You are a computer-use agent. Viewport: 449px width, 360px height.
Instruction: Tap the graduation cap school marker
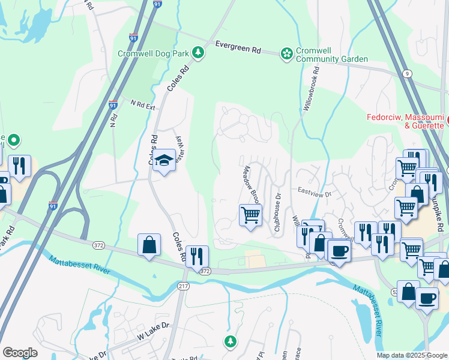163,161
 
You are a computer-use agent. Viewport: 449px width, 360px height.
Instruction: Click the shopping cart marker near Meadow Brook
250,215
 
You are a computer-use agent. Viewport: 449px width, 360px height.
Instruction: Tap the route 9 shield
408,73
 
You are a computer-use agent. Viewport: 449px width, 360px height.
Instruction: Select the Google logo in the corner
20,352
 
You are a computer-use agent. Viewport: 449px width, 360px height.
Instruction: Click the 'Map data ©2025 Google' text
411,355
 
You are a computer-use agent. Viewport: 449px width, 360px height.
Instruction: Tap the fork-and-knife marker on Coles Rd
197,257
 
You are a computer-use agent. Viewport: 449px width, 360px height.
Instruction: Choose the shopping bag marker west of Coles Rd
149,244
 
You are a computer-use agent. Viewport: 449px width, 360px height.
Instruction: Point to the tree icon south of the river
230,341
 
